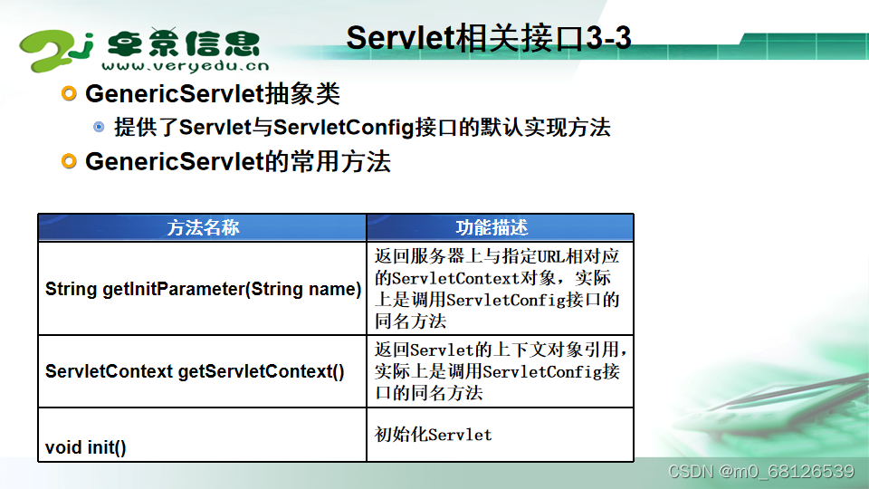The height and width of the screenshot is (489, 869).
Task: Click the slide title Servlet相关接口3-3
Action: coord(489,38)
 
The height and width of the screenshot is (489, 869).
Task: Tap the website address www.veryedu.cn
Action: coord(185,65)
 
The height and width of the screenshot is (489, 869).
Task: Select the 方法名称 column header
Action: coord(203,227)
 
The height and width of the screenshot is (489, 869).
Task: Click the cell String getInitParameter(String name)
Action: coord(203,290)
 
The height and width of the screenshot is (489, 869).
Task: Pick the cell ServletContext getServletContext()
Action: coord(195,371)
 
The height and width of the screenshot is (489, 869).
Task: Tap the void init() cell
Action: coord(86,447)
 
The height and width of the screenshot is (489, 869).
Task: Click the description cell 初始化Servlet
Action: coord(434,435)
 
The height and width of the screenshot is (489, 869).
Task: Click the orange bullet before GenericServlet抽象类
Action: coord(70,93)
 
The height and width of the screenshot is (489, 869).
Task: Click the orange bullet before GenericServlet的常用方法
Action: coord(70,161)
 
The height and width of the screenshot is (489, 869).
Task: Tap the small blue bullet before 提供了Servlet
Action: coord(100,127)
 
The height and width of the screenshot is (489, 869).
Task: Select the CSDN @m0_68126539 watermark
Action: coord(760,471)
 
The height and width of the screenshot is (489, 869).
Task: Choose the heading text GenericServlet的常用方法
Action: coord(238,162)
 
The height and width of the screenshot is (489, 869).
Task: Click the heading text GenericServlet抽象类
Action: coord(213,93)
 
